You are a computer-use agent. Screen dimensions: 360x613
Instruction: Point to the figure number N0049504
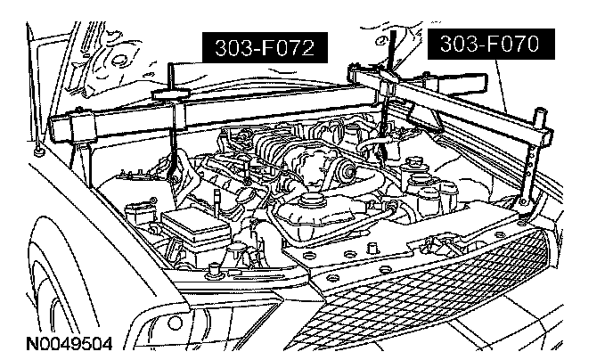68,342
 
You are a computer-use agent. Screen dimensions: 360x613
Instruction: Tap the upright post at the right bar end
539,125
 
